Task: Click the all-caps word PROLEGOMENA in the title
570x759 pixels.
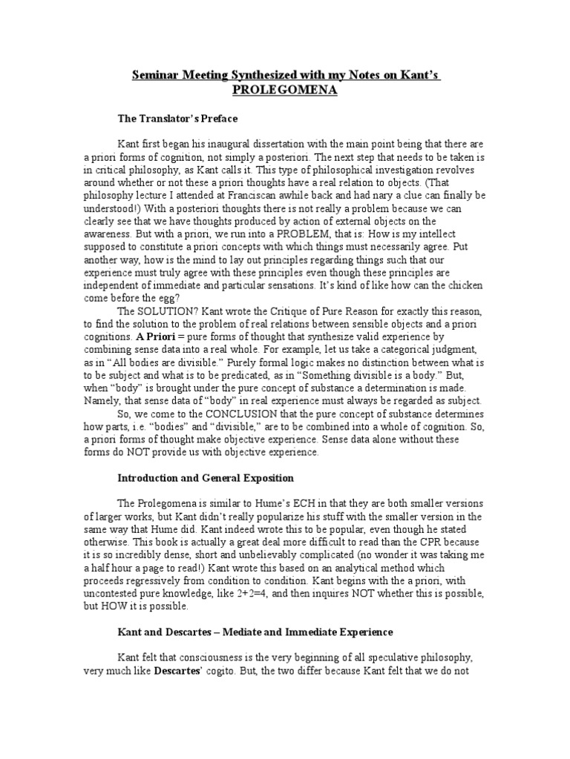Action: point(285,90)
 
